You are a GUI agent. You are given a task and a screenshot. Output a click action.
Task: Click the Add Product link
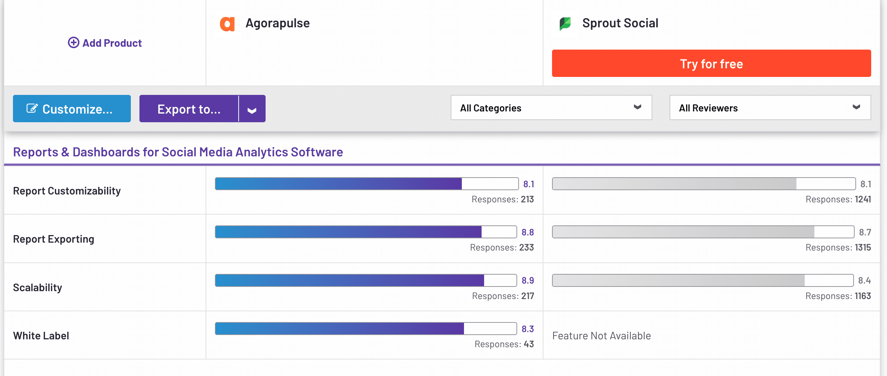(x=105, y=43)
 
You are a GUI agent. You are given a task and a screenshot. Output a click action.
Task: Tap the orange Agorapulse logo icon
(x=227, y=24)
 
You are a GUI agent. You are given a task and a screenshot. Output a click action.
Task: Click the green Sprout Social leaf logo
(x=565, y=24)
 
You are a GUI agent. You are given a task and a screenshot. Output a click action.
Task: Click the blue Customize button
(x=72, y=109)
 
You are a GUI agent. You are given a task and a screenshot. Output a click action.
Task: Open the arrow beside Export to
(x=252, y=109)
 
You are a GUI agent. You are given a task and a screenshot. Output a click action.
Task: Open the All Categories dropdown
(x=551, y=108)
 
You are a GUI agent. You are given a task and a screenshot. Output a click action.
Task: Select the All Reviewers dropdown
(x=770, y=108)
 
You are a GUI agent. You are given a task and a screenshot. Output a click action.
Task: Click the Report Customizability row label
(x=67, y=191)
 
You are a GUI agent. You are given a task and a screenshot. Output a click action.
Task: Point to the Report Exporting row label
(x=54, y=239)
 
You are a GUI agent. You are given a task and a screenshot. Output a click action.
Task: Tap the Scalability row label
(x=38, y=288)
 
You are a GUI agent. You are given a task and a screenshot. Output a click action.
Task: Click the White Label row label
(x=41, y=336)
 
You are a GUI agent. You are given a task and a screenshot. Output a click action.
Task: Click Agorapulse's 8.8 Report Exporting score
(x=528, y=233)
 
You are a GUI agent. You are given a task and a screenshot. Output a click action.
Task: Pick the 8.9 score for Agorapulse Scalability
(x=528, y=281)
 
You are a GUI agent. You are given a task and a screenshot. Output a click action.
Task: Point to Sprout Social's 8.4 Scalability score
(x=864, y=281)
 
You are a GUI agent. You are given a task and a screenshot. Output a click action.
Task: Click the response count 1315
(x=863, y=248)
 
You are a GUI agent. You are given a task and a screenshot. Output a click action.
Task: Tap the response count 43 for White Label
(x=529, y=344)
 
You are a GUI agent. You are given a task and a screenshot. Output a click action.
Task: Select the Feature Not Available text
(x=601, y=336)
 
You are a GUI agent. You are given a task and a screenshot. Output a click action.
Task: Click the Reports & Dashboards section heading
(x=178, y=152)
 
